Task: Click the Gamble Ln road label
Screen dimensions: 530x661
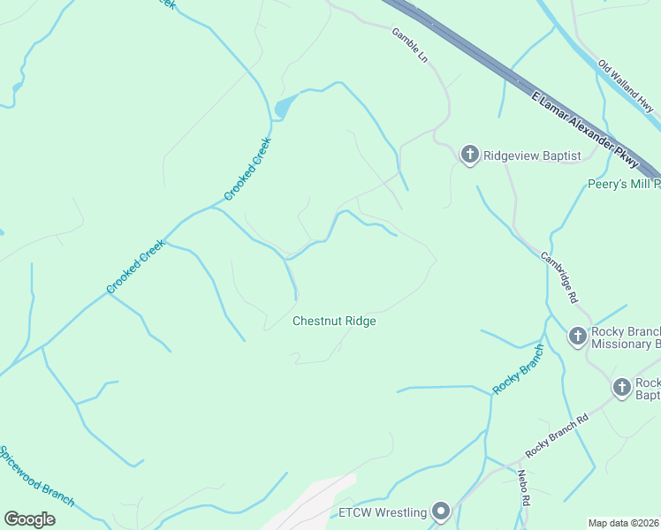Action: click(x=410, y=44)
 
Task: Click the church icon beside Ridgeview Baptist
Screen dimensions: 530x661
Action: click(x=469, y=155)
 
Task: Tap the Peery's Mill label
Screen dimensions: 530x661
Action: click(x=624, y=185)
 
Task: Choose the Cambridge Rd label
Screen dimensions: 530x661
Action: click(x=558, y=277)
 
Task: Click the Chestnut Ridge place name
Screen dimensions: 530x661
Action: click(x=334, y=322)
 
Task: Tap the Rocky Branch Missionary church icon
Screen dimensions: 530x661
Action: click(x=577, y=337)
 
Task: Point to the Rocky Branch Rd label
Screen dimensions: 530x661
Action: click(x=557, y=435)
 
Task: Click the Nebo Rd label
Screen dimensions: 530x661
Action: click(x=523, y=487)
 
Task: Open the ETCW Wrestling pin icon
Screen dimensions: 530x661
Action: click(x=441, y=511)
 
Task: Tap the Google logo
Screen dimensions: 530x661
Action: click(x=29, y=519)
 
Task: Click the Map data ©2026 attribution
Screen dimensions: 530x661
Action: click(x=623, y=523)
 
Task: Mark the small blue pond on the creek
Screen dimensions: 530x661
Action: click(x=283, y=109)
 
